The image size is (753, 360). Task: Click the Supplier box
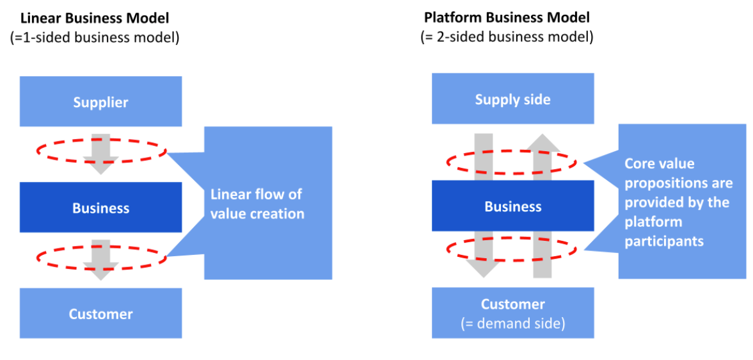(x=101, y=101)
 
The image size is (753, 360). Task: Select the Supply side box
(x=512, y=99)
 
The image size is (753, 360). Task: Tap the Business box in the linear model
(x=101, y=208)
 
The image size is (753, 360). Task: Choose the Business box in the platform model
(x=512, y=206)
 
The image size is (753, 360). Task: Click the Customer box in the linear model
(x=101, y=313)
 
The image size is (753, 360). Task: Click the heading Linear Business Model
(x=95, y=19)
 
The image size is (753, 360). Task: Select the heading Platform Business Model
(x=507, y=19)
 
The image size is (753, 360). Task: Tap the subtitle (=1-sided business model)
(x=95, y=38)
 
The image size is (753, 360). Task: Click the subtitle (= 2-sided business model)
(x=507, y=37)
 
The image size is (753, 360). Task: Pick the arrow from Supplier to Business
(x=101, y=154)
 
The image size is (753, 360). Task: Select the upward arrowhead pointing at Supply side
(x=543, y=143)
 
